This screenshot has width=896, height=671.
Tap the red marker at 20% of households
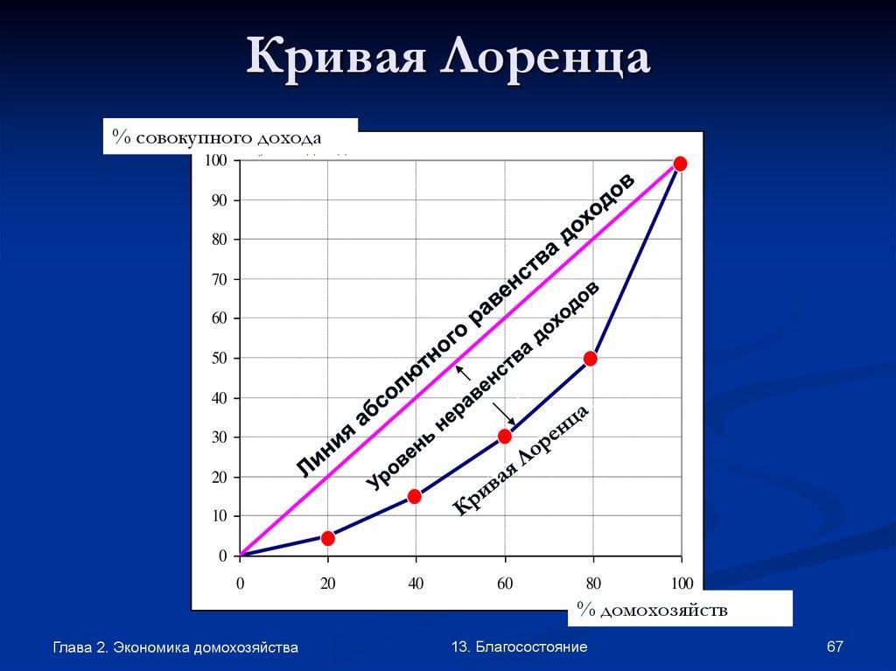(327, 538)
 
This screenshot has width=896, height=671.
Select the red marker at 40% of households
(415, 497)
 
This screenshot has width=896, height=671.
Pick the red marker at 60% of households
(505, 437)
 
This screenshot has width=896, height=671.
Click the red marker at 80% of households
(591, 359)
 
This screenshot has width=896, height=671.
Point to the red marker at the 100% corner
(680, 164)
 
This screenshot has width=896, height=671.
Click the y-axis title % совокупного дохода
(217, 138)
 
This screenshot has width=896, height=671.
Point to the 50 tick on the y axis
(218, 358)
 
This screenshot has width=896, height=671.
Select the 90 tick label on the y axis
(218, 200)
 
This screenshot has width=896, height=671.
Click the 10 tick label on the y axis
(218, 516)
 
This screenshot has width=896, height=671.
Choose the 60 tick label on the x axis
(505, 584)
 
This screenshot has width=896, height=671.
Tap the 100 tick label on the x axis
(682, 584)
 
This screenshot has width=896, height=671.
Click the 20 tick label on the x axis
(328, 584)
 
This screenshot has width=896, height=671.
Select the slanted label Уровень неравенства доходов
(483, 387)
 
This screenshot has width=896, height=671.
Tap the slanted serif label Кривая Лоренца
(521, 461)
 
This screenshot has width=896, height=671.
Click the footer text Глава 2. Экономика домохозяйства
(175, 647)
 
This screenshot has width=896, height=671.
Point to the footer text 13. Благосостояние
(520, 647)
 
